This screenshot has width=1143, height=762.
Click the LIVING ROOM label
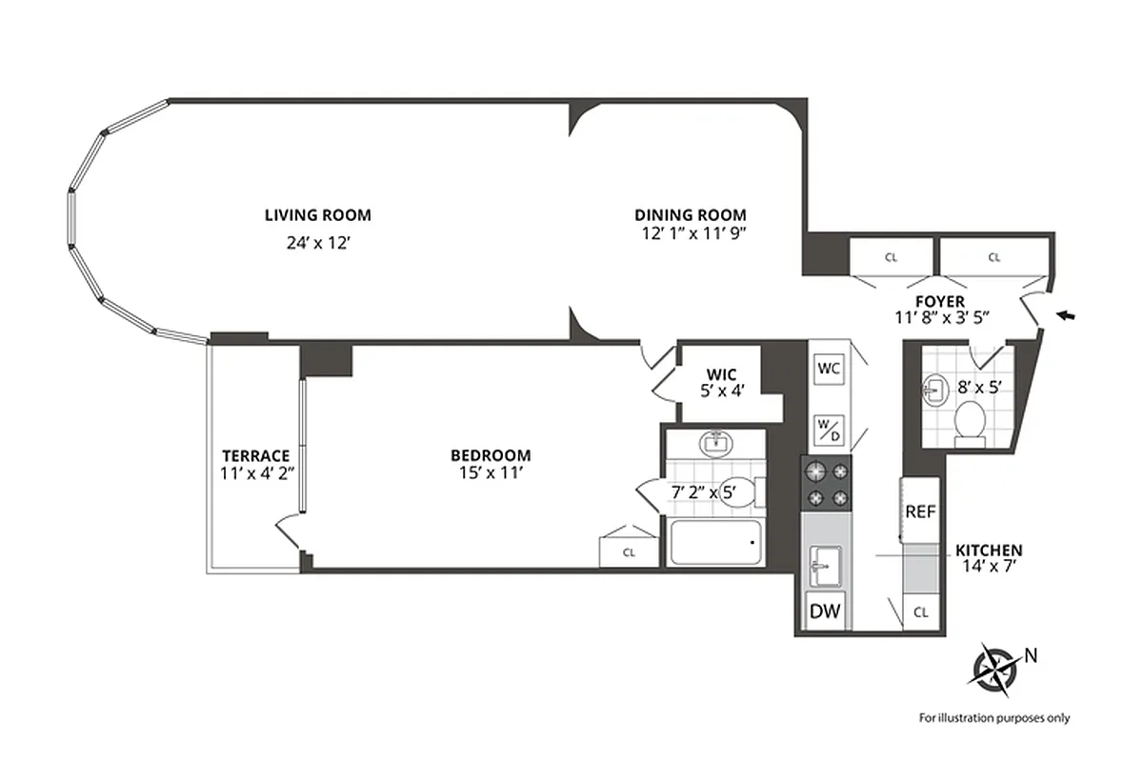coord(317,215)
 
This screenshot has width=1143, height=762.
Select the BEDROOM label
coord(491,455)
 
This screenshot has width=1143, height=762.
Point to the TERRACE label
coord(255,455)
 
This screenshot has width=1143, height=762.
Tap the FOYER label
coord(940,302)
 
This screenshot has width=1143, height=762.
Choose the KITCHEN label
coord(989,551)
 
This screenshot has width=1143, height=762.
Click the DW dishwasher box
coord(825,612)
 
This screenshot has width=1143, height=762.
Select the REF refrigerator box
coord(920,511)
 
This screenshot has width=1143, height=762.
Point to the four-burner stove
coord(825,484)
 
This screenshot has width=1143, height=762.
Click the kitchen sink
coord(825,568)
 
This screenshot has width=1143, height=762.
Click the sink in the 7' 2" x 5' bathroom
coord(714,443)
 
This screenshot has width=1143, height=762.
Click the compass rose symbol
coord(993,665)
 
